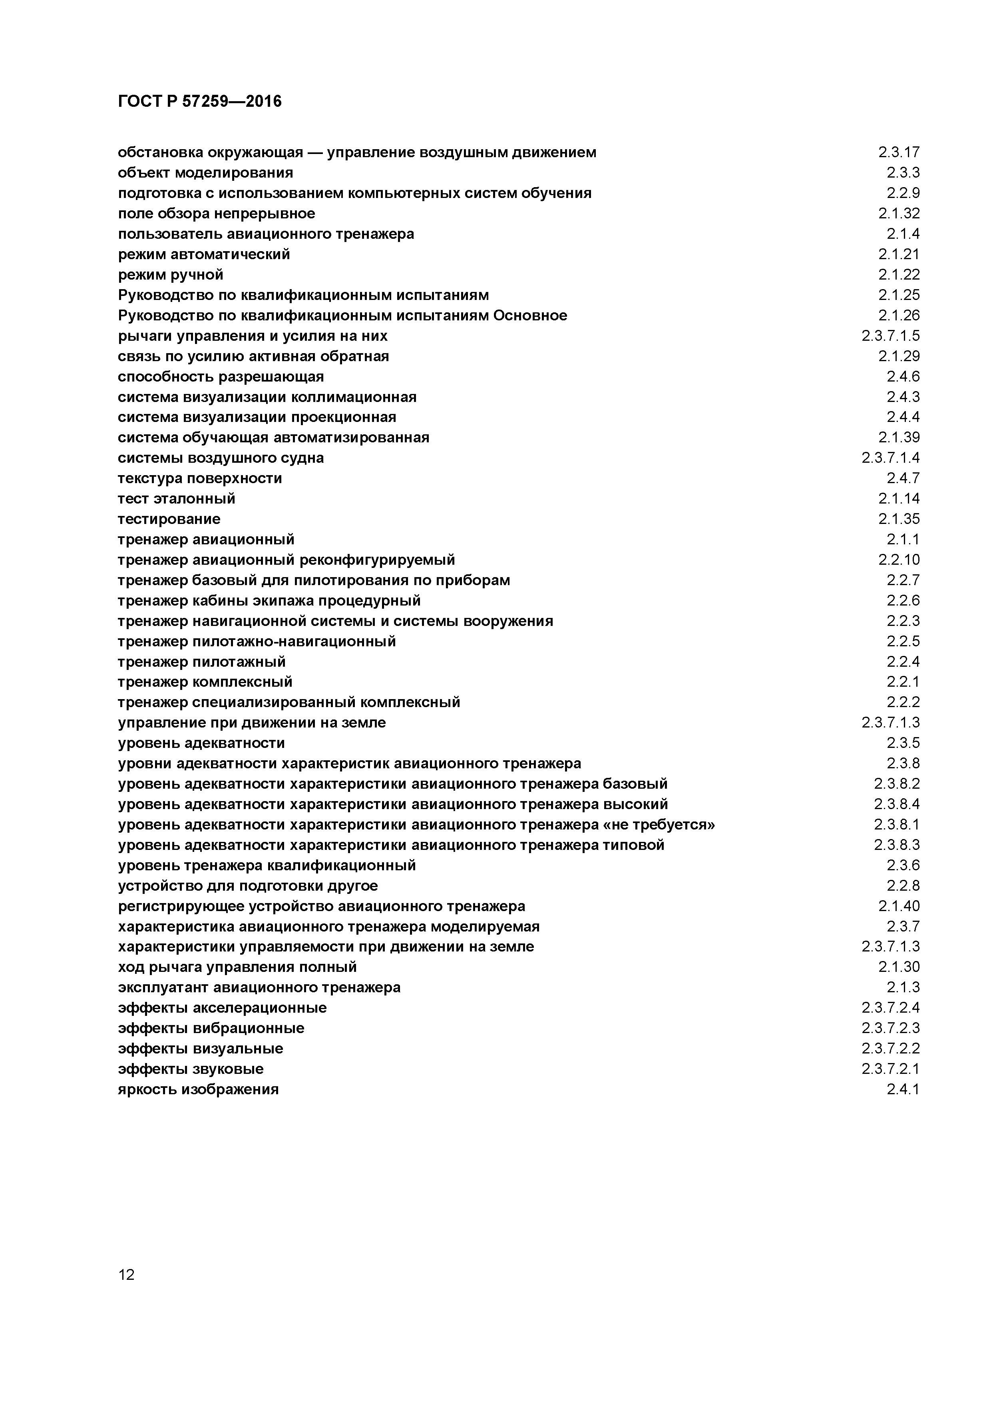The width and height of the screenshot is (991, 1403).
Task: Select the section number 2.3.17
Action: click(899, 152)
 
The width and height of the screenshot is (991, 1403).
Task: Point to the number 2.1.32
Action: click(899, 213)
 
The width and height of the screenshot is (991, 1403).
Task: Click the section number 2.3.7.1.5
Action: click(890, 336)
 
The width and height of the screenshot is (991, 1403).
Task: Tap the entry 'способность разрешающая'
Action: click(221, 376)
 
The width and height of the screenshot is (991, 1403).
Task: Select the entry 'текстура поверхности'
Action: click(200, 478)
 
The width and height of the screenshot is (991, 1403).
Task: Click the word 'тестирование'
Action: click(169, 519)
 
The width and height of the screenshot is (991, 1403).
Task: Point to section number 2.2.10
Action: click(899, 560)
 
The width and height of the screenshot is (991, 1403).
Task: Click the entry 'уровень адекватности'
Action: click(201, 743)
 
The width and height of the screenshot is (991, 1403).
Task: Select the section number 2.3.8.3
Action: click(896, 845)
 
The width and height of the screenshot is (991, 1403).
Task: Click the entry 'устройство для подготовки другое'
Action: click(247, 885)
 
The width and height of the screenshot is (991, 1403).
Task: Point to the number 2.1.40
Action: click(899, 905)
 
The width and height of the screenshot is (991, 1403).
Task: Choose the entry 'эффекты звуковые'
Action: click(191, 1069)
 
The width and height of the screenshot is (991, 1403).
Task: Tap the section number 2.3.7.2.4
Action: click(890, 1007)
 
